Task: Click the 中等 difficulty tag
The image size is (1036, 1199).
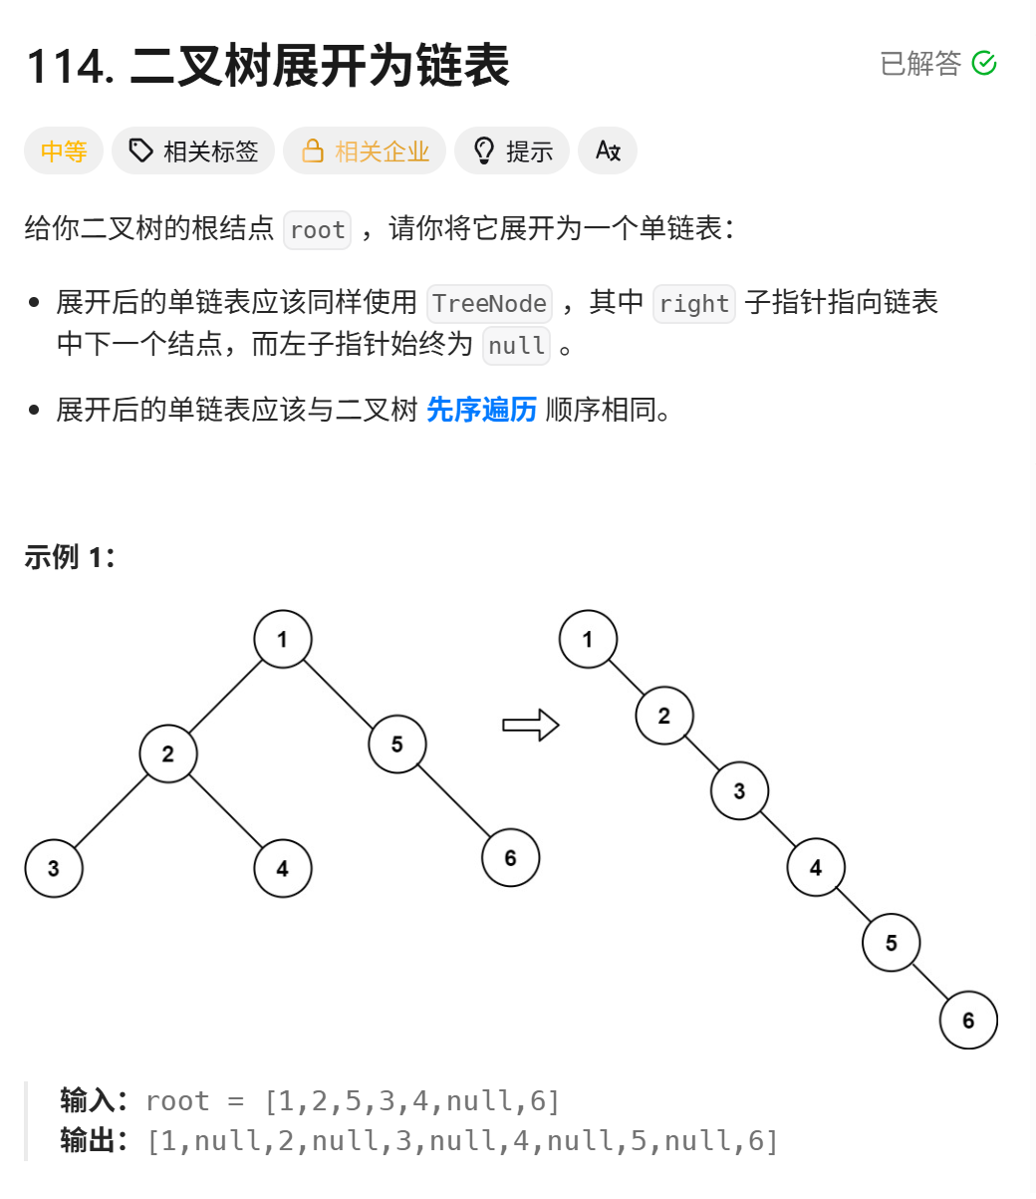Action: point(64,151)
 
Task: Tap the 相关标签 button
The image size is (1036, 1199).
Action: point(193,151)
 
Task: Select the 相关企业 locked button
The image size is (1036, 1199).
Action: point(365,151)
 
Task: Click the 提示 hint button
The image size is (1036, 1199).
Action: point(512,151)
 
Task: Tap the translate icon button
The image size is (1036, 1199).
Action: point(608,151)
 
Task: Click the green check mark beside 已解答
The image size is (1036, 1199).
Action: point(984,64)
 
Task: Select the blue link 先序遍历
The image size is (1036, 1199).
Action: point(481,410)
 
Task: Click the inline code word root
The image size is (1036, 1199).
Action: point(318,230)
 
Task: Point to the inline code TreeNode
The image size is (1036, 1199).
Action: point(489,304)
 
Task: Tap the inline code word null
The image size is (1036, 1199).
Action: point(517,346)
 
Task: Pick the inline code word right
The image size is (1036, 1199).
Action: point(693,304)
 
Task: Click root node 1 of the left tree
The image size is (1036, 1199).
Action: point(283,640)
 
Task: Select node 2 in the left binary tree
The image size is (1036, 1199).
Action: point(167,753)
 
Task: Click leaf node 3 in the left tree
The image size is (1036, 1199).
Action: point(54,868)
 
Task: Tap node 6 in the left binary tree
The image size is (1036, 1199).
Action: point(510,858)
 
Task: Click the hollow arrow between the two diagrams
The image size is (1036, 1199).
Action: point(530,726)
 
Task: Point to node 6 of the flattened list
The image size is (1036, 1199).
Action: point(968,1020)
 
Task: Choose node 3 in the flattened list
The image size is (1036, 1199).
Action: point(739,791)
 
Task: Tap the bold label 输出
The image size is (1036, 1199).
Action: point(88,1140)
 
